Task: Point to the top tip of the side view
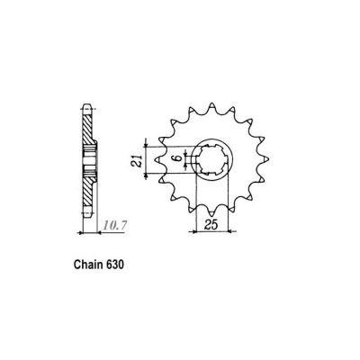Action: (x=87, y=102)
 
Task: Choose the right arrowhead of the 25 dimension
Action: (x=229, y=231)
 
